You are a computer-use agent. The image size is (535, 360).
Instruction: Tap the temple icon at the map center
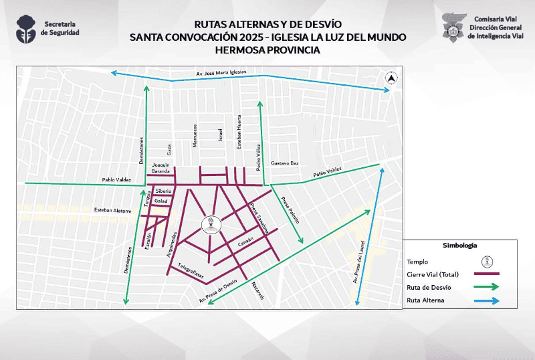click(211, 223)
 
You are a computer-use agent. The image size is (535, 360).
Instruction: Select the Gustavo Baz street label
click(284, 163)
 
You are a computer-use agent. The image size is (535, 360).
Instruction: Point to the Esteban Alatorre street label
click(112, 209)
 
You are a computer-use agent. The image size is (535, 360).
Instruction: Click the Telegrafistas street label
click(187, 272)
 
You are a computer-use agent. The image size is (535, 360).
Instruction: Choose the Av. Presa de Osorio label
click(218, 292)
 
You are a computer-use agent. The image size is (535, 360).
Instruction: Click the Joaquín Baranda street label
click(161, 167)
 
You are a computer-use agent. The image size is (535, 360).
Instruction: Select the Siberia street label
click(163, 191)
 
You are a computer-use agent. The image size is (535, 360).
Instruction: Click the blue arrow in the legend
click(486, 301)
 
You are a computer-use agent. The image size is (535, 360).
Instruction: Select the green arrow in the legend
click(486, 287)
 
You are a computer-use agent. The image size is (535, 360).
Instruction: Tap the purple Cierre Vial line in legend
click(486, 274)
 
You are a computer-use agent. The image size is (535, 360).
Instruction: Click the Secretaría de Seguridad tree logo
click(27, 28)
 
